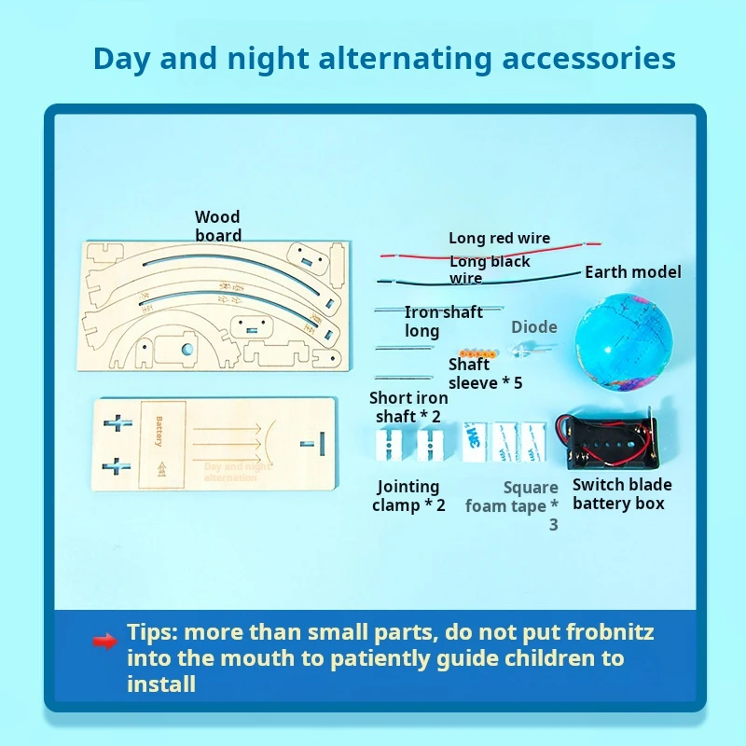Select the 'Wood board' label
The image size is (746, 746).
[x=218, y=227]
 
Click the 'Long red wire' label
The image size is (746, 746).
[x=499, y=239]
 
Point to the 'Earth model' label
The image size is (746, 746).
[x=632, y=272]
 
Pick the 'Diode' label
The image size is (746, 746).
[x=534, y=327]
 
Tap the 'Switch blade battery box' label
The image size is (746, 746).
[x=621, y=494]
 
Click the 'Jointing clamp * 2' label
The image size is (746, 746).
[x=408, y=496]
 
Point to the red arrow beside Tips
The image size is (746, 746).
[x=104, y=642]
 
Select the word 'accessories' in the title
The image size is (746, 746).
[x=588, y=58]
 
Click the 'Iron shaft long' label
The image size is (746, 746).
[x=442, y=322]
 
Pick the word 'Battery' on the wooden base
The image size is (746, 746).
[x=159, y=431]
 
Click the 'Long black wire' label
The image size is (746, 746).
[x=489, y=269]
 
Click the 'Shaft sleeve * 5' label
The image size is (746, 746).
[x=484, y=374]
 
